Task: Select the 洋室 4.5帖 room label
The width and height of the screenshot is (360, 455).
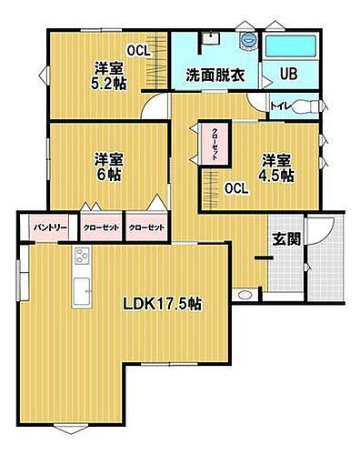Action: tap(274, 168)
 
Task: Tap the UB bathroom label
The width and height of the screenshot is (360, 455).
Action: tap(288, 75)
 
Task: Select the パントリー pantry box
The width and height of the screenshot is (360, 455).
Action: tap(45, 227)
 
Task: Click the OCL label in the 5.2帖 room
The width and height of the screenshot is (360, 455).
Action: tap(138, 50)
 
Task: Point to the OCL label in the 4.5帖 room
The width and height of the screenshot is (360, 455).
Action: tap(236, 188)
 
